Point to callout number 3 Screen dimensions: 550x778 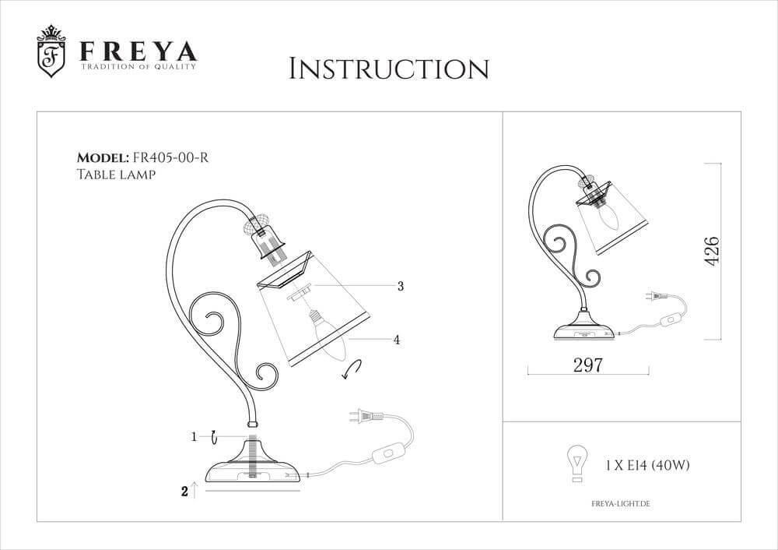click(x=400, y=286)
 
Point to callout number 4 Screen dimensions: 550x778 click(x=397, y=340)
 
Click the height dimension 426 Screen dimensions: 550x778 click(x=710, y=249)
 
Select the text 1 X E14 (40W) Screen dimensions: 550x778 click(x=647, y=465)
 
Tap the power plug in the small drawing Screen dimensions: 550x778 click(x=656, y=297)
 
